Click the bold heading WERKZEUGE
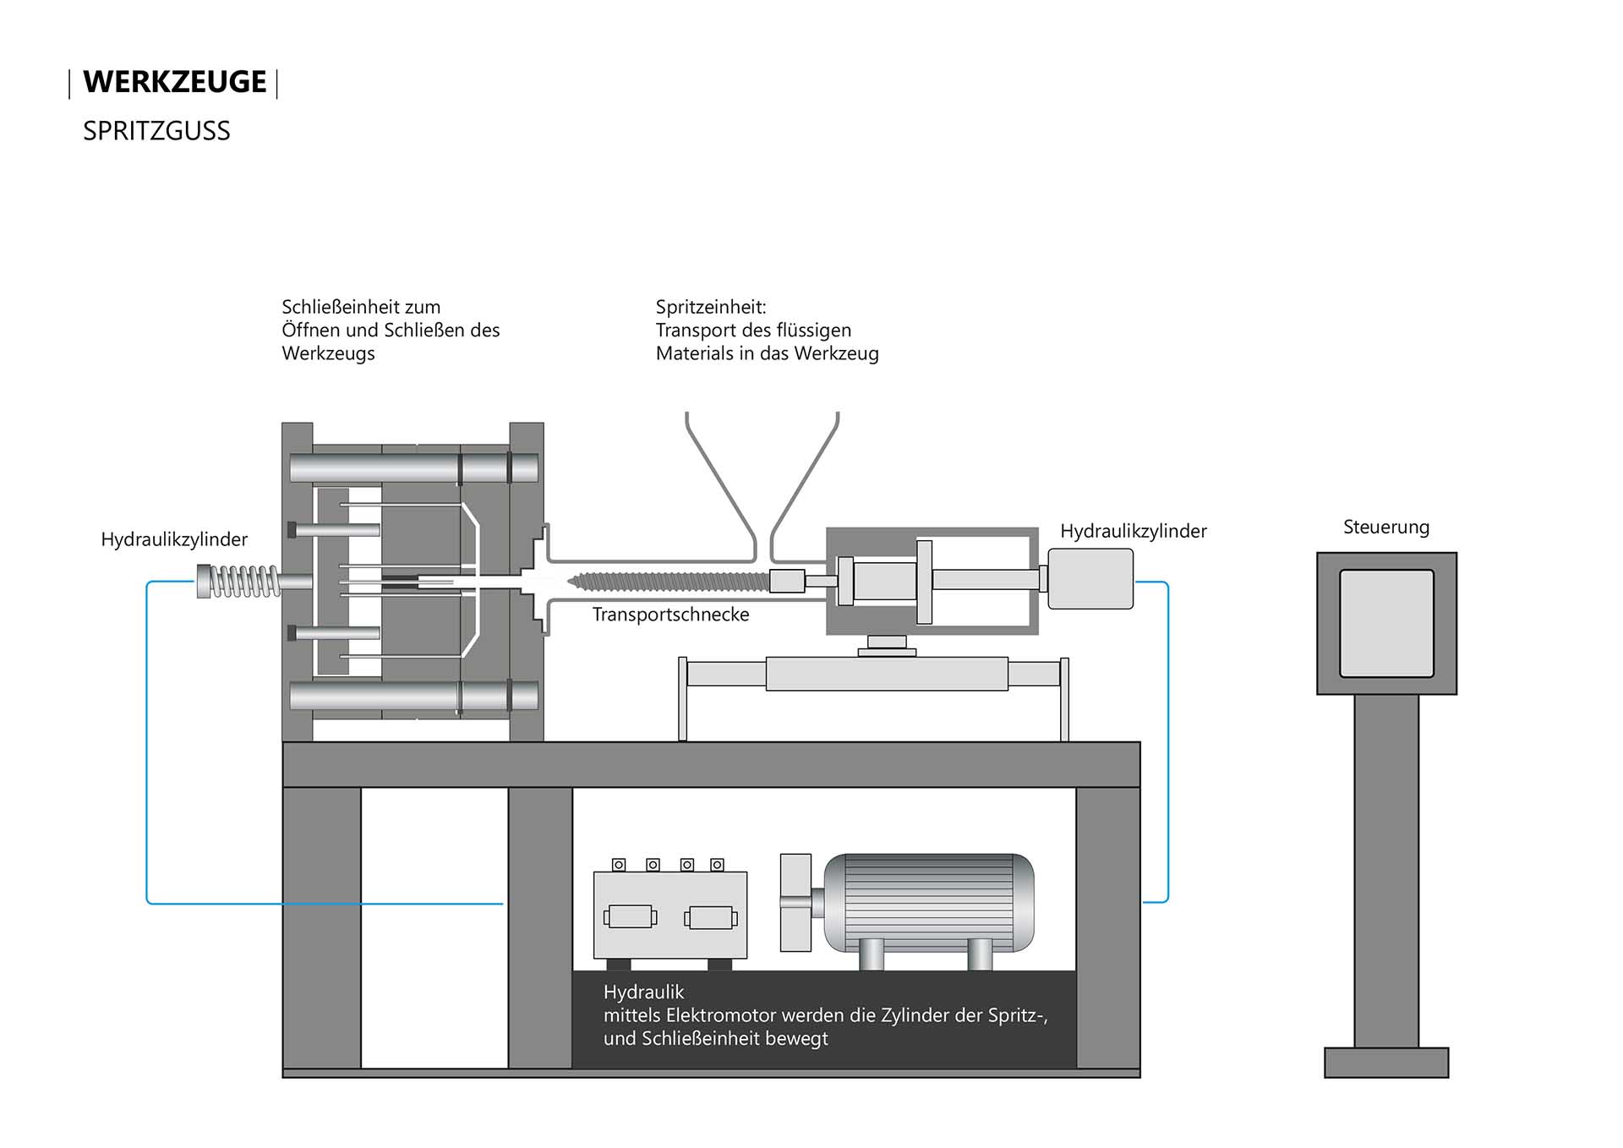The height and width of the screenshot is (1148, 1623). (174, 82)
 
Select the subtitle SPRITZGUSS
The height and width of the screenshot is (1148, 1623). (156, 131)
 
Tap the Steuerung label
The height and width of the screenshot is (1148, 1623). (1385, 528)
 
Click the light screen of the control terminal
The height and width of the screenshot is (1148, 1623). (1386, 623)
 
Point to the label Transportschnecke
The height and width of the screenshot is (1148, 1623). (670, 615)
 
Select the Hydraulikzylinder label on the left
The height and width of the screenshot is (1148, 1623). (174, 539)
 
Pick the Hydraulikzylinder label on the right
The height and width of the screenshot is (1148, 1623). (1133, 531)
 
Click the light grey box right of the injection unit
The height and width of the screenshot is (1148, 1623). (1090, 578)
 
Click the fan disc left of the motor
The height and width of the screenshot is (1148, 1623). (795, 902)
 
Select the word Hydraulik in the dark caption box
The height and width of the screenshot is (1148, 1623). (643, 992)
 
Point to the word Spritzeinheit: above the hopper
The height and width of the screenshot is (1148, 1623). (711, 307)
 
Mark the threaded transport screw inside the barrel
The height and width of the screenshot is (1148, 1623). (668, 581)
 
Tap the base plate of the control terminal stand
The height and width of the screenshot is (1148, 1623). (1385, 1062)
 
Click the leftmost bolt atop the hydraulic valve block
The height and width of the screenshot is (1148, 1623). (619, 865)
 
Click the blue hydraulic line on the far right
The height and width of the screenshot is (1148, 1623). (1167, 744)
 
